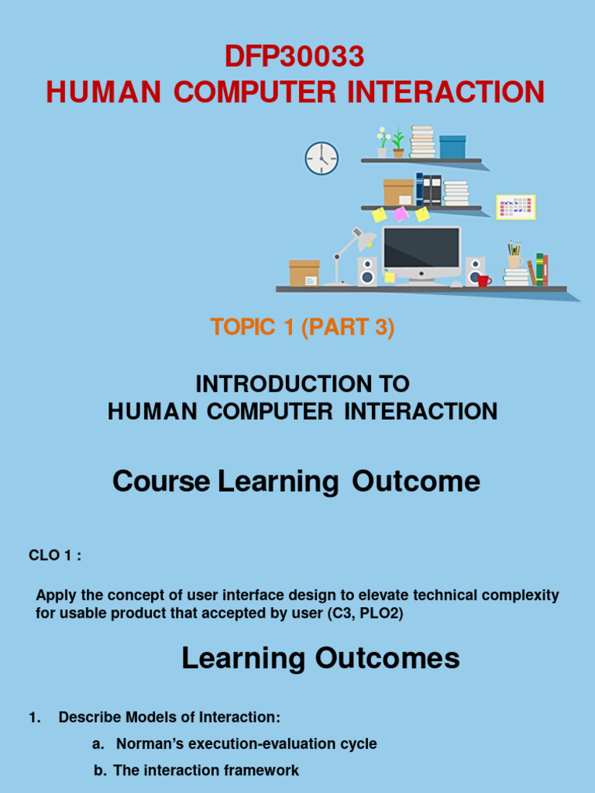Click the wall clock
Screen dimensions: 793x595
click(x=322, y=158)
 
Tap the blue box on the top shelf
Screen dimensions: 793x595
click(x=452, y=146)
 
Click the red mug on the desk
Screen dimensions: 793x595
click(x=483, y=280)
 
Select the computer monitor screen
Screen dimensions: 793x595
click(x=421, y=247)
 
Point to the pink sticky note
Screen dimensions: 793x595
click(x=401, y=214)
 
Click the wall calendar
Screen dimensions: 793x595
click(x=515, y=207)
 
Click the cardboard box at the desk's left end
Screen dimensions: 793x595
click(x=304, y=273)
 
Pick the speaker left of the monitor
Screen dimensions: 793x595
click(x=367, y=272)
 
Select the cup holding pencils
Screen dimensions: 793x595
click(x=514, y=261)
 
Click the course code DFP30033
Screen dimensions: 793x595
click(x=294, y=57)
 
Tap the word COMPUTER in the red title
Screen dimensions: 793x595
click(x=254, y=92)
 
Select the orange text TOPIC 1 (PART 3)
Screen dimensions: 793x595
click(x=302, y=328)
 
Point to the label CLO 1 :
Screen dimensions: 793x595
click(x=55, y=555)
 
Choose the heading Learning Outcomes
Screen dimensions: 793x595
click(x=321, y=659)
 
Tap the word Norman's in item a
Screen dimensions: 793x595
click(x=149, y=743)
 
